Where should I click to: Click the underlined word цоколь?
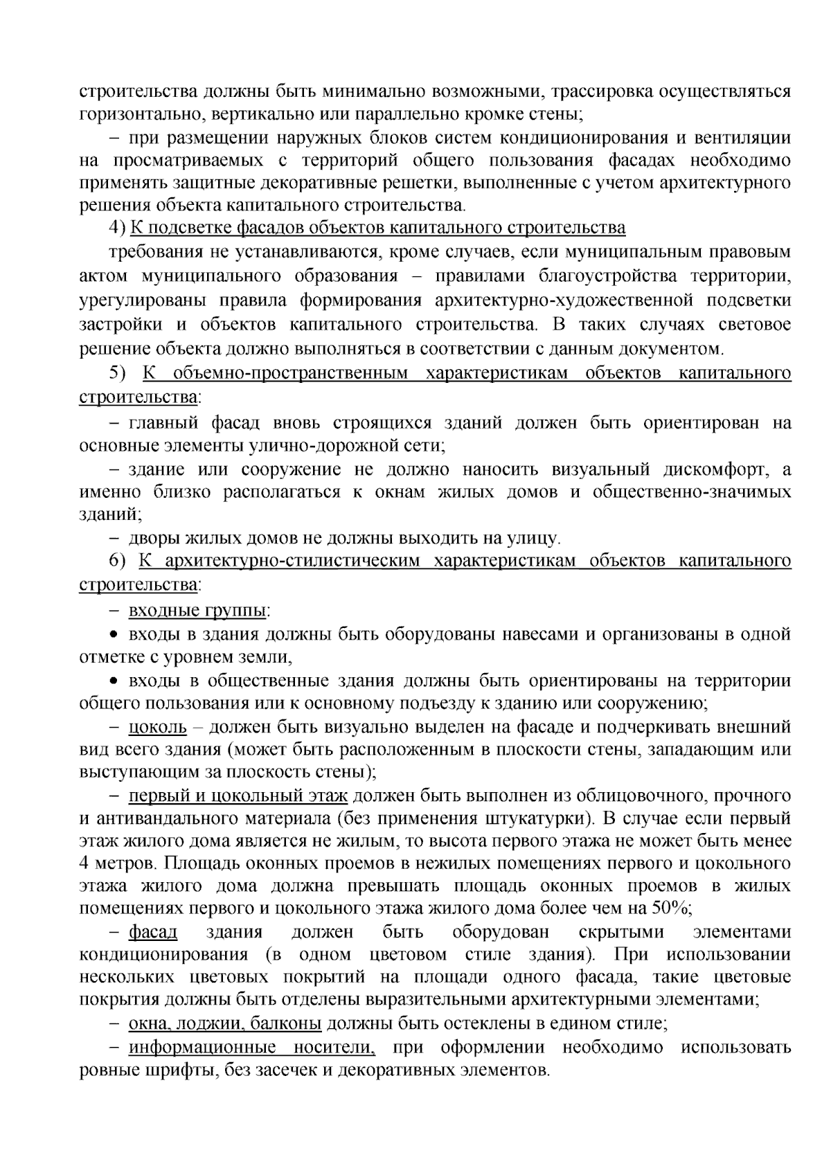(157, 728)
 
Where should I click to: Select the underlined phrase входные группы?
(198, 611)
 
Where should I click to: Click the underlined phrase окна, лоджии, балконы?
(224, 1023)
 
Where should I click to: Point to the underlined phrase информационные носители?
(251, 1047)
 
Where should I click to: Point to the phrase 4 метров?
(118, 863)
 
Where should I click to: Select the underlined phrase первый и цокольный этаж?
(238, 796)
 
